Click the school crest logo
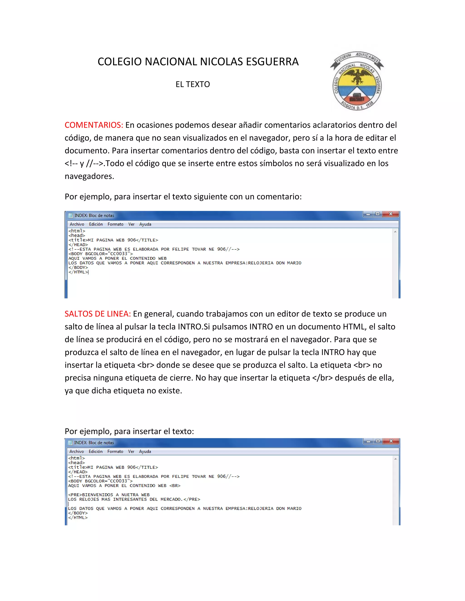tap(357, 81)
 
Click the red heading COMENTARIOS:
tap(94, 125)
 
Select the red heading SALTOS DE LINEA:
tap(97, 314)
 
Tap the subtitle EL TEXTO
tap(193, 84)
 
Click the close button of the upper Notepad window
tap(391, 214)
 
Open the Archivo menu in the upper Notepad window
tap(77, 224)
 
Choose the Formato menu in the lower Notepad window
tap(115, 452)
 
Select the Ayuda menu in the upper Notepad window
tap(145, 224)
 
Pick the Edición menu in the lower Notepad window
tap(96, 452)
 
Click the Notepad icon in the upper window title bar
tap(71, 215)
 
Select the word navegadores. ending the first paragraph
tap(89, 176)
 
